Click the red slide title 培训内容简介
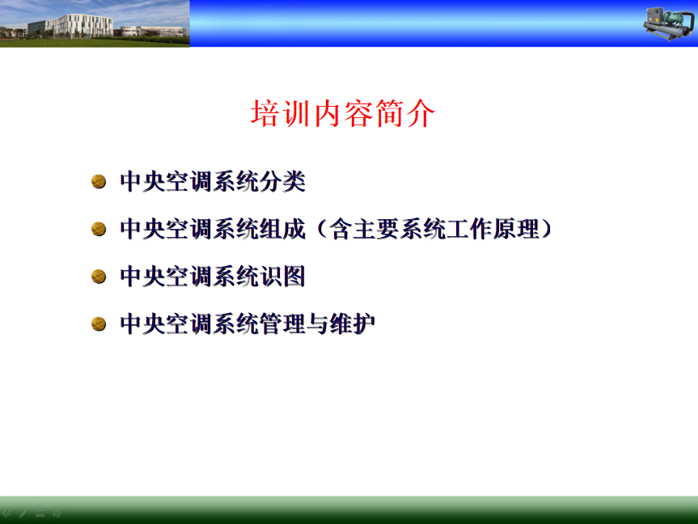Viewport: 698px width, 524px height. pos(343,113)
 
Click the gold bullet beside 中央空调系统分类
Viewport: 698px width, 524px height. pos(99,181)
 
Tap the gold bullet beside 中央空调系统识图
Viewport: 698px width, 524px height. pos(99,276)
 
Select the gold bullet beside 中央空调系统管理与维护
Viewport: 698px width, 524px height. pos(99,323)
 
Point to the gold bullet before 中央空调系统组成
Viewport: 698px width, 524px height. pos(99,229)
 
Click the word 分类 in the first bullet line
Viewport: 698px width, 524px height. pos(282,181)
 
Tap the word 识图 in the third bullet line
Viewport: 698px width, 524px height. pos(282,276)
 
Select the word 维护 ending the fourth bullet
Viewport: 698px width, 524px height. pos(352,323)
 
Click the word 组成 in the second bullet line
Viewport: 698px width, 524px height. pos(282,229)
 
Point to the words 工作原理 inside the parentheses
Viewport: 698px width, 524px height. pos(493,229)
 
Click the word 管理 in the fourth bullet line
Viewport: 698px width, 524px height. pos(282,323)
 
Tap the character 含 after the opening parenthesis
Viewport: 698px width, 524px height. pos(341,229)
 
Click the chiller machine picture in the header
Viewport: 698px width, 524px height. pos(669,23)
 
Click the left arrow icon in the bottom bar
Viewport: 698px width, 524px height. pos(6,513)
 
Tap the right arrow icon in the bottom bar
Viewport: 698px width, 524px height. pos(57,513)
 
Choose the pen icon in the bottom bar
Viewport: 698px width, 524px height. pos(23,513)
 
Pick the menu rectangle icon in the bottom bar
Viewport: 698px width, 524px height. pos(40,513)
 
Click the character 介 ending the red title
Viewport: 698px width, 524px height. pos(421,113)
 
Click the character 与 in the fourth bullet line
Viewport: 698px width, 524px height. pos(317,323)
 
